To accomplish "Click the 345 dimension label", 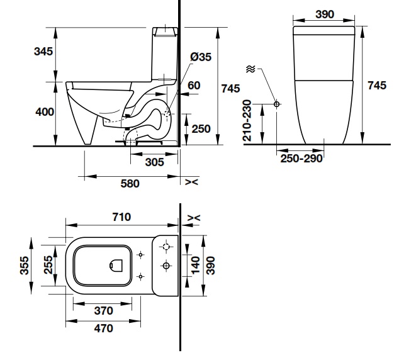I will tap(43, 52).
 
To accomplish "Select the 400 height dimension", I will tap(43, 112).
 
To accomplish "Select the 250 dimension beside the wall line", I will tap(201, 129).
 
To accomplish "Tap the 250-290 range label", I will tap(301, 158).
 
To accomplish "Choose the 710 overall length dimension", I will tap(121, 217).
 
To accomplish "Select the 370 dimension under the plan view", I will tap(103, 310).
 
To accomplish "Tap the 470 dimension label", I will tap(103, 328).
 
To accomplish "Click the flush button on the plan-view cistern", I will tap(167, 244).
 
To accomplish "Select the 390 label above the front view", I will tap(324, 14).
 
